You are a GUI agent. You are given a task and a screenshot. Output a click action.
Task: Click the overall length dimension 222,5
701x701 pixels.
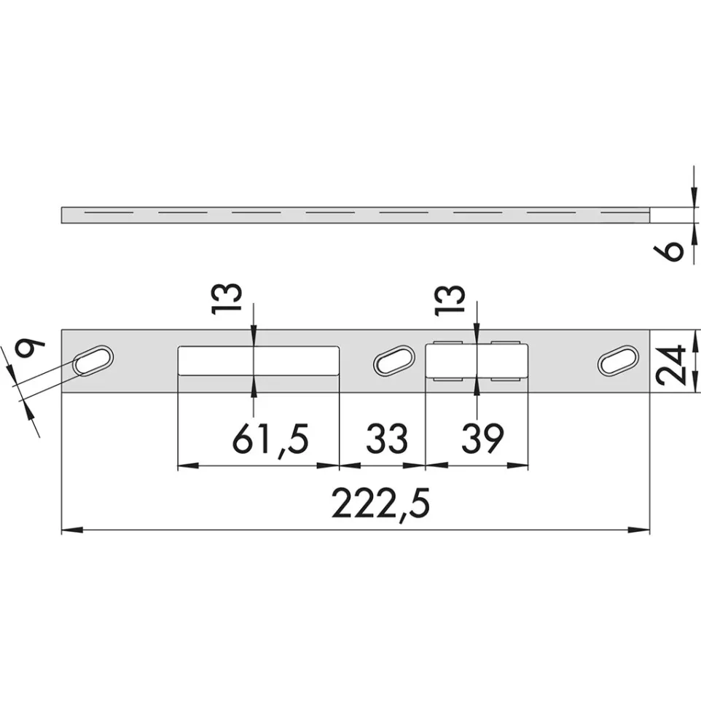click(380, 504)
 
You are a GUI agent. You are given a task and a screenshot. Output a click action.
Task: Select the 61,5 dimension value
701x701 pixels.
click(270, 440)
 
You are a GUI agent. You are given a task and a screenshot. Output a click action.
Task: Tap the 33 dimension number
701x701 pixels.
click(387, 439)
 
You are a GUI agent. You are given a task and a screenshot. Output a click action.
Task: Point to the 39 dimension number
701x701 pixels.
click(483, 439)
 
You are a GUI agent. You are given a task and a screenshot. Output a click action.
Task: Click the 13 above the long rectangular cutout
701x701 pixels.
click(227, 299)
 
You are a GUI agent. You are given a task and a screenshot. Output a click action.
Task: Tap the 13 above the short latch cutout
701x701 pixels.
click(450, 300)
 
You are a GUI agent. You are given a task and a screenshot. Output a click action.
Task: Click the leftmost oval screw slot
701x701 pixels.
click(93, 361)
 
